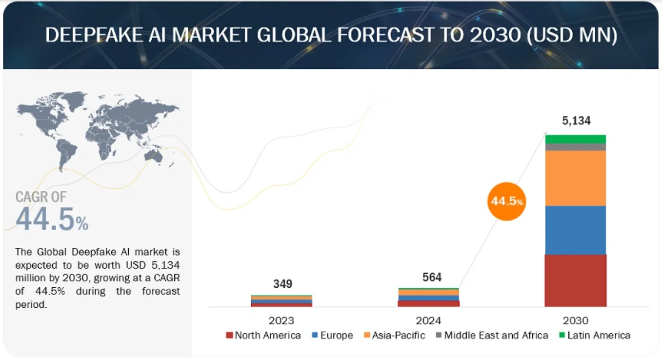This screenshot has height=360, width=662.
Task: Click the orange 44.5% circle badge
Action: tap(507, 201)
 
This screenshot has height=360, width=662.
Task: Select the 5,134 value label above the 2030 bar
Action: tap(576, 121)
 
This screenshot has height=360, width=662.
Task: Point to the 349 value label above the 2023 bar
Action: tap(282, 284)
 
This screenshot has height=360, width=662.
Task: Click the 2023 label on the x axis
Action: tap(281, 320)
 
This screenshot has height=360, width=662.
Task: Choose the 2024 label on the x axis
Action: tap(428, 320)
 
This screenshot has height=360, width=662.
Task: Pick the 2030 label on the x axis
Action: tap(576, 320)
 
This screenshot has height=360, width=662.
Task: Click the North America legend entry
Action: tap(263, 336)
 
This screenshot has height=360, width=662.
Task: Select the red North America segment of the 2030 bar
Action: tap(576, 280)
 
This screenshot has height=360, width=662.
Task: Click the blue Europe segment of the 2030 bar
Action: tap(576, 230)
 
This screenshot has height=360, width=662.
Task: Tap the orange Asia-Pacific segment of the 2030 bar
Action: tap(576, 178)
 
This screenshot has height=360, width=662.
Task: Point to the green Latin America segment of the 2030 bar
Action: tap(576, 139)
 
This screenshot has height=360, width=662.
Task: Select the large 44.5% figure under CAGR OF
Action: tap(52, 219)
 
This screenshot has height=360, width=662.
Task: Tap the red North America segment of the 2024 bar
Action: tap(429, 303)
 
